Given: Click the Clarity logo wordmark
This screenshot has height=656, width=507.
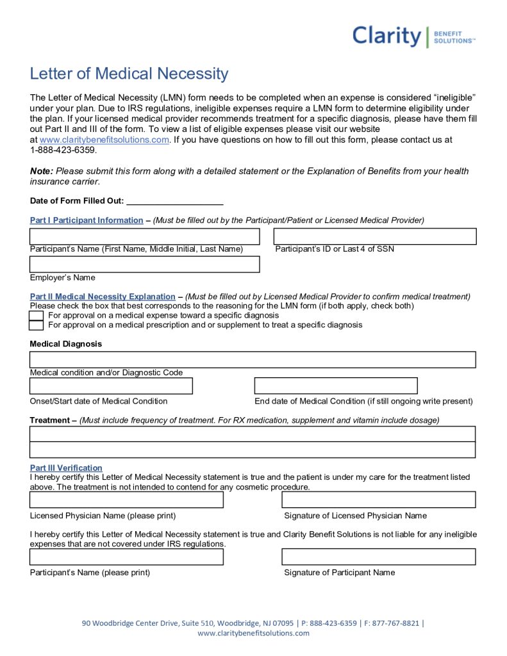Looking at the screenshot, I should pos(386,36).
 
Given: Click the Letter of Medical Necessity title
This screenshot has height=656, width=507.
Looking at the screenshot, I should pos(129,74).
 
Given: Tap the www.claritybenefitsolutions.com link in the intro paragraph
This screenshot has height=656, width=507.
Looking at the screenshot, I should pos(104,140).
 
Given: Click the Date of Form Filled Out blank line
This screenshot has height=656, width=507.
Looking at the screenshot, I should pos(174,201).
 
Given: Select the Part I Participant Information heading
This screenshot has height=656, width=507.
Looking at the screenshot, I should pos(87,220).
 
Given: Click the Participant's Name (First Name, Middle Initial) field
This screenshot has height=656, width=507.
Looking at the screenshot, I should pos(145,236).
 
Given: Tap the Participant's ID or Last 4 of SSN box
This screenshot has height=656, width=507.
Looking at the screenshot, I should pos(375,236).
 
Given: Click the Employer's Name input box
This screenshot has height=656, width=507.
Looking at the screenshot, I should pos(145,265).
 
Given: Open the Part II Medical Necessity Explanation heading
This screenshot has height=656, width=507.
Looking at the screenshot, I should pos(103,297).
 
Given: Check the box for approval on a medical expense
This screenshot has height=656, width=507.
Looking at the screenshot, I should pos(37,316).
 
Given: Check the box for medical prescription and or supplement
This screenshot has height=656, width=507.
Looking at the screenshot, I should pos(37,325).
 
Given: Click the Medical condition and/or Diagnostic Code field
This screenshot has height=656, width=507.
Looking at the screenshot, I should pos(253,360).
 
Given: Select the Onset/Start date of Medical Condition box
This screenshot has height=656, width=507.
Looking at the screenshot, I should pos(111,386).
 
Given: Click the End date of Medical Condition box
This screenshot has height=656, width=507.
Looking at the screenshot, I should pos(336,386).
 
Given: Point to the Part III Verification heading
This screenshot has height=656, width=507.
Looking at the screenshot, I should pos(66,468).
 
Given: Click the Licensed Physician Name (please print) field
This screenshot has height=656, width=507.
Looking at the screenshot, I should pos(127,500).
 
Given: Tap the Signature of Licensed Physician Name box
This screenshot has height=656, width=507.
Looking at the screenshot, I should pos(378,500).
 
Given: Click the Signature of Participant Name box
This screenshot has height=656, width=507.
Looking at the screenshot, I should pos(378,557).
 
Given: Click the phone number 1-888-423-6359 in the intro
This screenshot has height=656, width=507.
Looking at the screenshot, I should pos(63,150).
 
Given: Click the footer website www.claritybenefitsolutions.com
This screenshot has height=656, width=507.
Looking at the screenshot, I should pos(253,633).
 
